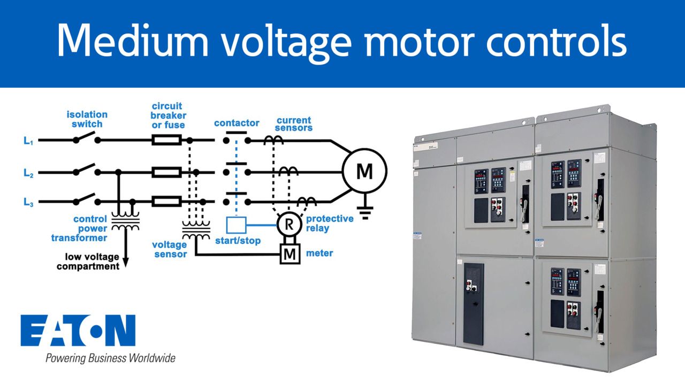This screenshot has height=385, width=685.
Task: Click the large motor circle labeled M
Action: click(x=364, y=171)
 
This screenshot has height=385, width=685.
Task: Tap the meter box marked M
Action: click(x=289, y=253)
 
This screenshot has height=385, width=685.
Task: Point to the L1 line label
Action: click(x=28, y=141)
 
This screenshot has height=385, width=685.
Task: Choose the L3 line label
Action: click(x=28, y=202)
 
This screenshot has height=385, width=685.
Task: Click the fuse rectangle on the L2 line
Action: click(x=166, y=172)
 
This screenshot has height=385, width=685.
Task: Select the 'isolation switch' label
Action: click(x=87, y=119)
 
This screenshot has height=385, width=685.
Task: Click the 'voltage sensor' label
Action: click(x=170, y=249)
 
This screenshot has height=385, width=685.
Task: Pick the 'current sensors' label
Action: click(x=294, y=124)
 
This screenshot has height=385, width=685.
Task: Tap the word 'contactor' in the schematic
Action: click(x=237, y=123)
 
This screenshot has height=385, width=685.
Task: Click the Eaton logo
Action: click(x=78, y=330)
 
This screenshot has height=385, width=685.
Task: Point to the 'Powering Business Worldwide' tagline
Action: click(x=110, y=358)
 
